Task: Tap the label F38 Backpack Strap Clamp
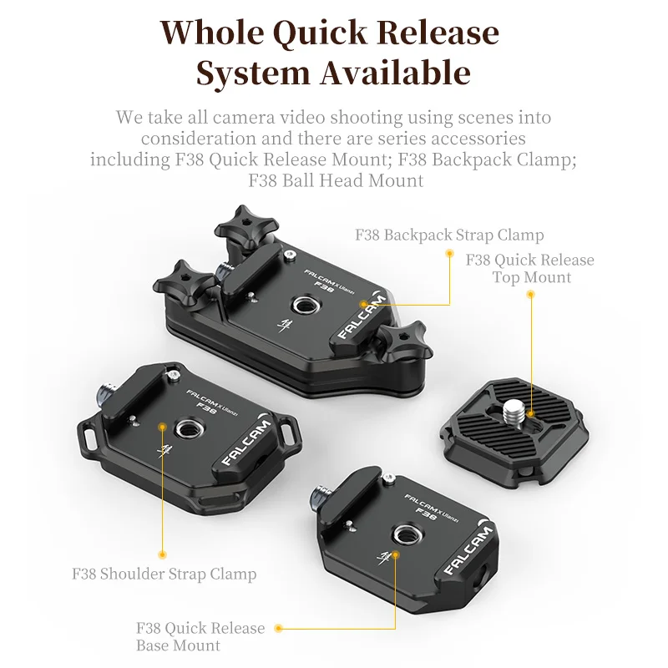tap(449, 235)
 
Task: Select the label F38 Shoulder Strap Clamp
tap(164, 574)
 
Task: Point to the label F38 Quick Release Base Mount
tap(200, 636)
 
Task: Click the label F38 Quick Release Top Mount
tap(530, 268)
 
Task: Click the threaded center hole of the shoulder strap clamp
tap(184, 430)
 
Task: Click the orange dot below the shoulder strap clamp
tap(162, 553)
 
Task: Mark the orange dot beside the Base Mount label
tap(278, 628)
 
